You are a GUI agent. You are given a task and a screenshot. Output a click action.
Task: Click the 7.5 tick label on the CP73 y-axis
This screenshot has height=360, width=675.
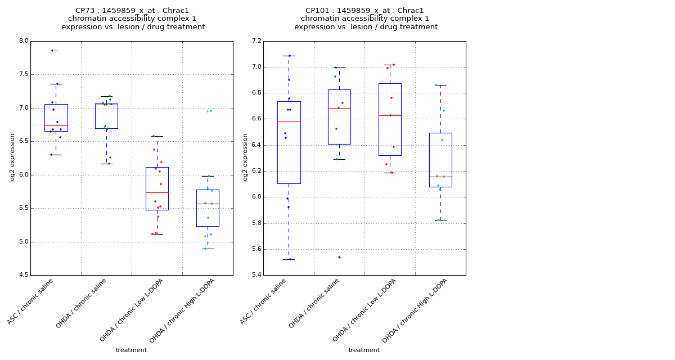tap(22, 74)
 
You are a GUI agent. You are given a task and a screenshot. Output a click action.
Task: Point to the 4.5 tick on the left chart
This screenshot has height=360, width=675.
tap(22, 275)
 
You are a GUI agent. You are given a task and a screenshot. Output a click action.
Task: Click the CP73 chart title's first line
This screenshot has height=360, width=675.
tap(132, 11)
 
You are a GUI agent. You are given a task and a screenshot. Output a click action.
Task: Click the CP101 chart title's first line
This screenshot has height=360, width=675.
tap(364, 11)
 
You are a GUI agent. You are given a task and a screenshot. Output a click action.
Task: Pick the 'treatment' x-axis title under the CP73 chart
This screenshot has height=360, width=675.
tap(131, 350)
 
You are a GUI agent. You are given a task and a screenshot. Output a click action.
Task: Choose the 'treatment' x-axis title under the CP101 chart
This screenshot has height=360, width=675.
tap(364, 350)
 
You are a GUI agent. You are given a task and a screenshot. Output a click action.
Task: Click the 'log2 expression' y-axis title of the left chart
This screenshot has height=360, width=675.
tap(12, 157)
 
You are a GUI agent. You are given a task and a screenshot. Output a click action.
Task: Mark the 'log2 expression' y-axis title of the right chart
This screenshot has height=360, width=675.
tap(245, 157)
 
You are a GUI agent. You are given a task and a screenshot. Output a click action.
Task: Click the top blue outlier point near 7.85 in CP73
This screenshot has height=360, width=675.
tap(52, 51)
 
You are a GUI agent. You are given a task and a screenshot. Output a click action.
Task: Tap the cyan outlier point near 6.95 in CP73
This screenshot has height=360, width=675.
tap(210, 111)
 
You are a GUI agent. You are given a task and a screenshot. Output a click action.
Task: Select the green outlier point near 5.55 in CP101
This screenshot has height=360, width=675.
tap(339, 257)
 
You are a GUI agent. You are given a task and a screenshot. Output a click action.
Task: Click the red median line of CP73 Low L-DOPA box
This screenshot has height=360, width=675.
tap(157, 192)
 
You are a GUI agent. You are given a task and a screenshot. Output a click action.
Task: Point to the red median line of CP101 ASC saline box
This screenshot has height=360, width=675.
tap(289, 121)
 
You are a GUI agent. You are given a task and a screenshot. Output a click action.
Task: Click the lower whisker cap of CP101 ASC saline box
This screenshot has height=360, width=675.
tap(289, 259)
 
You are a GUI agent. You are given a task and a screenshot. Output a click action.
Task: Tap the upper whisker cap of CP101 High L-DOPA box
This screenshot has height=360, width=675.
tap(440, 85)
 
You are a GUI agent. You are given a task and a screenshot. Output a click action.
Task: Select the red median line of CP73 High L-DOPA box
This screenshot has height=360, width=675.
tap(208, 204)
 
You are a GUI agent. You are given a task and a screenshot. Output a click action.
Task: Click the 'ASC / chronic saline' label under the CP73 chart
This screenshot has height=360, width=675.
tap(31, 301)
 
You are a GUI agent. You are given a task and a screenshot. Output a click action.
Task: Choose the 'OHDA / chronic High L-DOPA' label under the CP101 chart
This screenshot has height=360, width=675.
tap(411, 310)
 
